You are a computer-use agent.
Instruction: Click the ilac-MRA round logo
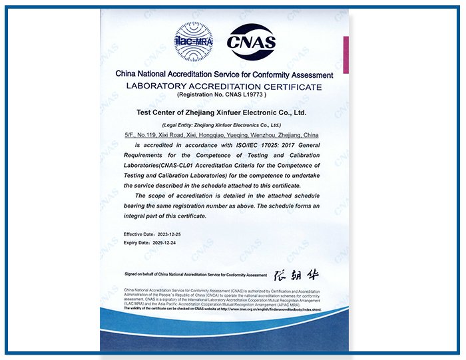(x=193, y=41)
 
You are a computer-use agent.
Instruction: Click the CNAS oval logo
(x=251, y=41)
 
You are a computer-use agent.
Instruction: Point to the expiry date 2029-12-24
(x=167, y=244)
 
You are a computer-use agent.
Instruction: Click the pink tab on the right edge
(x=346, y=55)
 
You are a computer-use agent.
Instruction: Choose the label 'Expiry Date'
(x=136, y=244)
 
